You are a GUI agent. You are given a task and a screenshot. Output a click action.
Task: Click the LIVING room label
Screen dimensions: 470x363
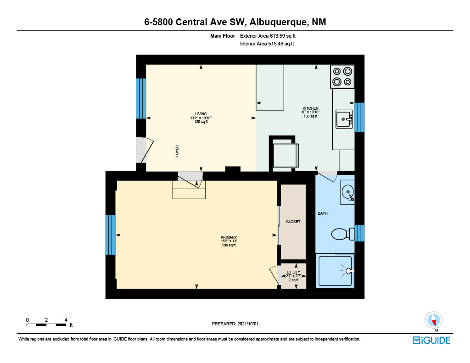[x=201, y=114]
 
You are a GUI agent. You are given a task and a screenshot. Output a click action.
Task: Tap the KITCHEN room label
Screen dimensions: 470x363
[x=310, y=108]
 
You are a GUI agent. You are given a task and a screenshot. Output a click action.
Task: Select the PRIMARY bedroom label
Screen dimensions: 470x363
[x=229, y=237]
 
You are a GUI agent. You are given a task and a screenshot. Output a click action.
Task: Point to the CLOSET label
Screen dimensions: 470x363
[x=293, y=222]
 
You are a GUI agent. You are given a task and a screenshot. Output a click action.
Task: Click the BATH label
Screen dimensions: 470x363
[x=323, y=213]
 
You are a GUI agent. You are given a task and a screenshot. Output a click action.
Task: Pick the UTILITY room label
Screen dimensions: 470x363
[x=293, y=272]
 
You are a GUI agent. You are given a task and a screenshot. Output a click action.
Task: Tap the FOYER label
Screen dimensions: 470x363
[x=177, y=151]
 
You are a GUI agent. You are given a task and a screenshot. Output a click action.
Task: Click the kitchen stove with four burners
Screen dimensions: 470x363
[x=342, y=77]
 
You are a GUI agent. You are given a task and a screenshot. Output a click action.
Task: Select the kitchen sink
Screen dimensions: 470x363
[x=344, y=119]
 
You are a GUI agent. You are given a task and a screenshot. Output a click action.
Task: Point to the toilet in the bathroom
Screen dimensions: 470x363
[x=343, y=234]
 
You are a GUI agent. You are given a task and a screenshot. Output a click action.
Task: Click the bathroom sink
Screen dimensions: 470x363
[x=348, y=192]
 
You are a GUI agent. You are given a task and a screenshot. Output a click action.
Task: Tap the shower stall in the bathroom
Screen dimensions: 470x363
[x=335, y=271]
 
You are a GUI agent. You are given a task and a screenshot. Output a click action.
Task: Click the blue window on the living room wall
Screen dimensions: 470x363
[x=141, y=99]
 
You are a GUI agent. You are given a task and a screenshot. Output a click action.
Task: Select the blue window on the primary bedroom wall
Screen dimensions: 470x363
[x=110, y=235]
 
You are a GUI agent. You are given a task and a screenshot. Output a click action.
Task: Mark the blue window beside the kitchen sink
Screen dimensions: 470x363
[x=359, y=117]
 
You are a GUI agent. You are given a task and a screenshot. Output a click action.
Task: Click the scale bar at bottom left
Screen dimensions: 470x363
[x=46, y=325]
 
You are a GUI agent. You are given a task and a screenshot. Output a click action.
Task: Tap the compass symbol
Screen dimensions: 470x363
[x=434, y=320]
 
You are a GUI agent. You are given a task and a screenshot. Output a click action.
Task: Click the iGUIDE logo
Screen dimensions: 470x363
[x=431, y=341]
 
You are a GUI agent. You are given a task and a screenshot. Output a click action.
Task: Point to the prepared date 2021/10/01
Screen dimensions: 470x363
[x=248, y=324]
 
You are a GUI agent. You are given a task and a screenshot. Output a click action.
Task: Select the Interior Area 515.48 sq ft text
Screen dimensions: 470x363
[x=267, y=44]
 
